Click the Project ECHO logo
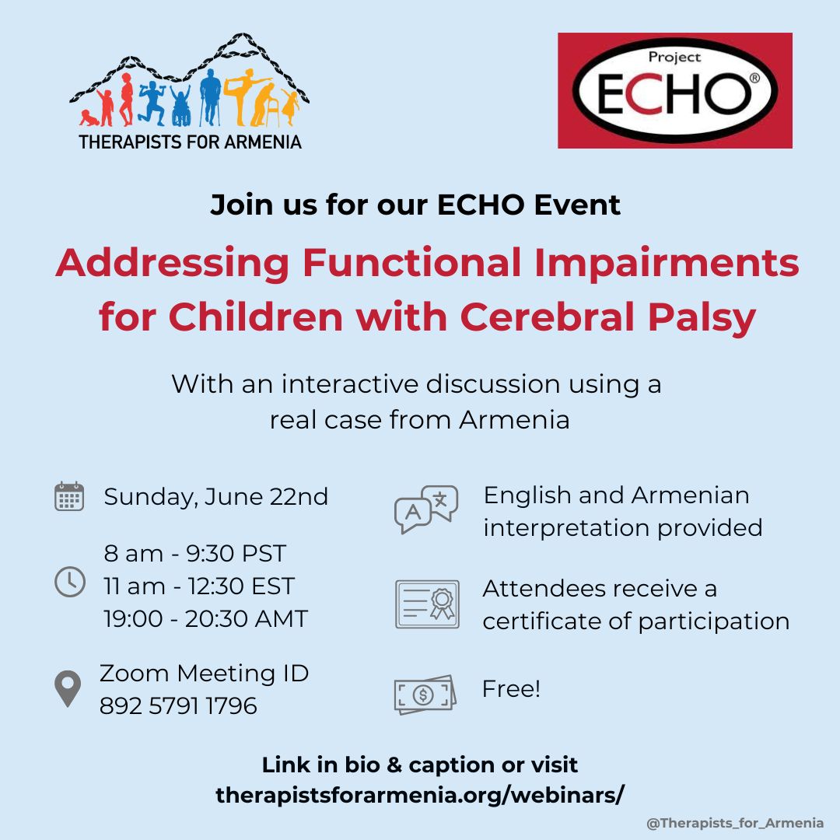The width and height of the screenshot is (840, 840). coord(674,90)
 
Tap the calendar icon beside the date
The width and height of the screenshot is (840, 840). coord(69,496)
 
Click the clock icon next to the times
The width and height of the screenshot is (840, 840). coord(70,582)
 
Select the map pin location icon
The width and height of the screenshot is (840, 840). coord(68,688)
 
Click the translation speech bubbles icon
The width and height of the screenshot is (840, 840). coord(426,509)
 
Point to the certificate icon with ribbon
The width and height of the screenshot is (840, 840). coord(427,604)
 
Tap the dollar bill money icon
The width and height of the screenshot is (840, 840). coord(425,695)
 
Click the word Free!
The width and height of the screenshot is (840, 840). coord(511,689)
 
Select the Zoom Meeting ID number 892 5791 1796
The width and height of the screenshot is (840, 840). coord(178,706)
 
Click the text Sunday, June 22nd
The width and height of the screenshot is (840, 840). coord(215,497)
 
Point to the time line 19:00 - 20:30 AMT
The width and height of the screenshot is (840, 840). coord(205,619)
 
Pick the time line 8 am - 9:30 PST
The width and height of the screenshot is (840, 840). coord(195,554)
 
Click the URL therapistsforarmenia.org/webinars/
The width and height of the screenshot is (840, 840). coord(419,795)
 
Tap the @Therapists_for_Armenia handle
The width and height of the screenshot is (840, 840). coord(735,823)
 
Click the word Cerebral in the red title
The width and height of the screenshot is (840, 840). coord(547,317)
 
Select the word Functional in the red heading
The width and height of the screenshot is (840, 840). coord(411,263)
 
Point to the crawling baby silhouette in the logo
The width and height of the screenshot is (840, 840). coord(89,118)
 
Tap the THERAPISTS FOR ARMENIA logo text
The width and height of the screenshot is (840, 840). coord(191,142)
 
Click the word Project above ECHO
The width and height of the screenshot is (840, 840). coord(674,58)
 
